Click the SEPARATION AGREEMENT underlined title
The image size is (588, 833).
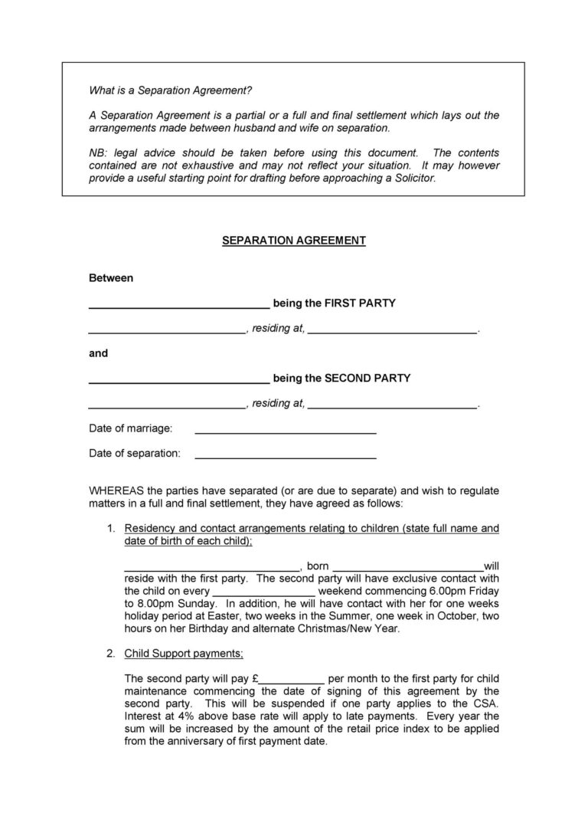coord(293,241)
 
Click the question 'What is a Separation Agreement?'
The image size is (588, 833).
coord(170,90)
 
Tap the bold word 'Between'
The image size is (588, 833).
coord(111,277)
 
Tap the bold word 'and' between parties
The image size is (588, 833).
coord(99,353)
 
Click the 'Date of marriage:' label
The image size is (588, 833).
coord(131,428)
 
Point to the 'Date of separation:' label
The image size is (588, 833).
coord(135,453)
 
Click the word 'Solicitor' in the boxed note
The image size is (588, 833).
coord(413,178)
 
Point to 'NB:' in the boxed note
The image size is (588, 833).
coord(99,153)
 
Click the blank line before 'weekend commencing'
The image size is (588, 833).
coord(263,593)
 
